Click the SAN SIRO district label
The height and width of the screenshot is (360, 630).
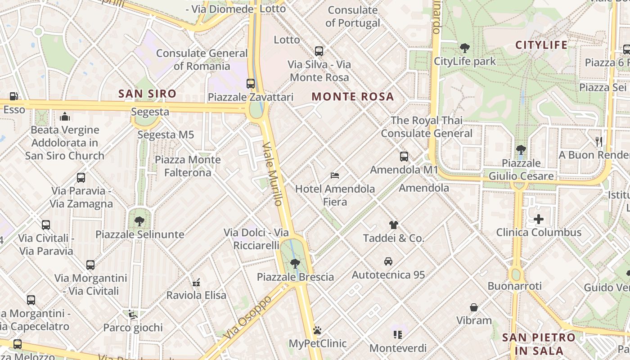coord(147,94)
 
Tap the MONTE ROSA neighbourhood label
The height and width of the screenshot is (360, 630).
coord(353,96)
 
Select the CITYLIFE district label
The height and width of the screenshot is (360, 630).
coord(541,45)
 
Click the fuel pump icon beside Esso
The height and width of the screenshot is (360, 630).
coord(14,96)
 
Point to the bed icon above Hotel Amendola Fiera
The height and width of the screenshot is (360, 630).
coord(334,175)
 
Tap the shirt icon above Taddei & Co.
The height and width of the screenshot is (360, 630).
coord(394,225)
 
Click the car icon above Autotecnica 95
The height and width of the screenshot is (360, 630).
coord(388,261)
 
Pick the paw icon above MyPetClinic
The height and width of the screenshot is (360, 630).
coord(317,330)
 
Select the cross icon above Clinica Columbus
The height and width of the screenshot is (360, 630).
coord(539,219)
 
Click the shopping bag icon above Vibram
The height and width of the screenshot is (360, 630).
coord(474,307)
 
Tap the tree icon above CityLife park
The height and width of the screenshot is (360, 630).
coord(465,48)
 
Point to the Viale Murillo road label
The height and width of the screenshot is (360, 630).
coord(273,174)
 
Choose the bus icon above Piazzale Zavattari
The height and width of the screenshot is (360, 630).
coord(251,83)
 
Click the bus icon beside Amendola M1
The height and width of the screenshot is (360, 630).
coord(404,157)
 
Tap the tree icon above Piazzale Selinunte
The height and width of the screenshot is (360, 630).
coord(139,221)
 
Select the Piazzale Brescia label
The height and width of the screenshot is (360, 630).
coord(295,277)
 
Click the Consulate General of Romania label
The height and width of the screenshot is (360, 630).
coord(202,59)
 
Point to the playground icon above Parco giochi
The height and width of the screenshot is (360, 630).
coord(132,314)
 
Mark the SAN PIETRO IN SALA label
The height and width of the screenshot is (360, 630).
coord(539,344)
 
